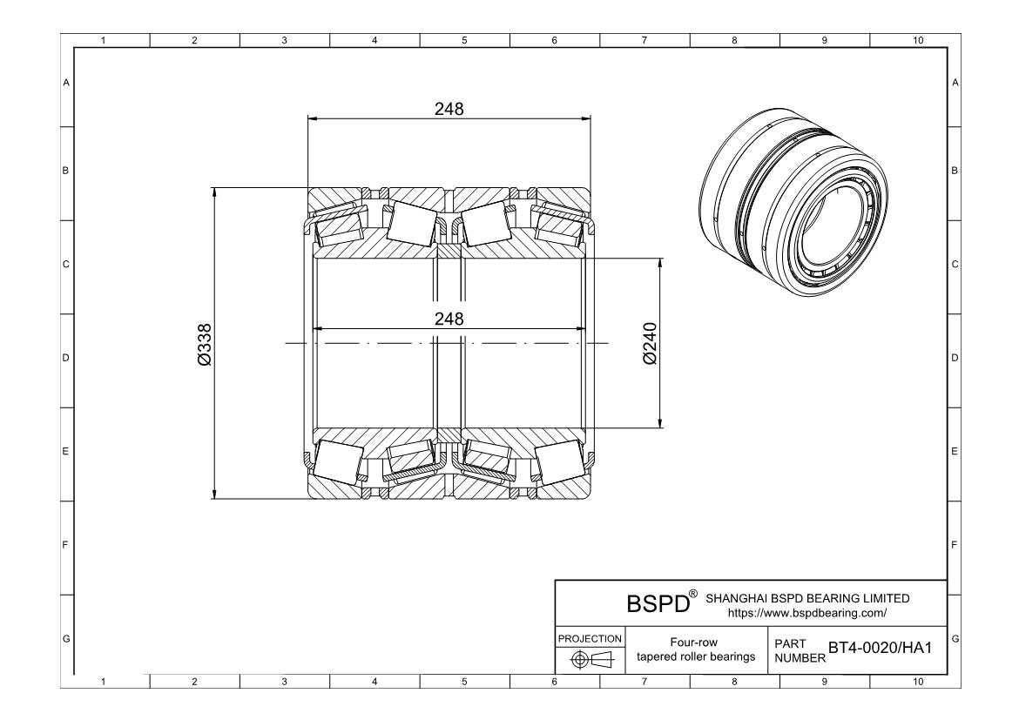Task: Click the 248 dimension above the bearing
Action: pos(449,109)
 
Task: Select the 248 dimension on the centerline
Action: pos(449,319)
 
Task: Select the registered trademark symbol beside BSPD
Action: pos(693,595)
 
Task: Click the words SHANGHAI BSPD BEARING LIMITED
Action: pos(806,598)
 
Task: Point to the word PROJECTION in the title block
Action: pos(590,638)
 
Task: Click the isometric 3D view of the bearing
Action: pos(795,205)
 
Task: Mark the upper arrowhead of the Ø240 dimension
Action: pos(660,262)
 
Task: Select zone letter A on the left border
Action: pos(65,83)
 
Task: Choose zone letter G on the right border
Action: pos(955,640)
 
